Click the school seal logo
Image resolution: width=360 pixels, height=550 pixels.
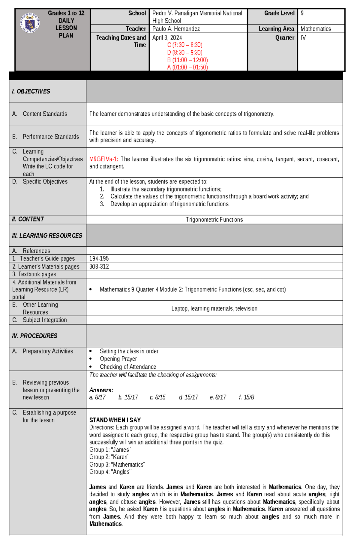pos(30,23)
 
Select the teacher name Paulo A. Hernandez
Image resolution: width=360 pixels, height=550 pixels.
pos(176,29)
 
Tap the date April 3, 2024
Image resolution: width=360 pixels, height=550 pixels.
pos(167,37)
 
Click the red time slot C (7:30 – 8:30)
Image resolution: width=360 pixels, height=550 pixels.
pos(184,45)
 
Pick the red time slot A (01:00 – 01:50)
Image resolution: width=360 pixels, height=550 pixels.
pos(187,67)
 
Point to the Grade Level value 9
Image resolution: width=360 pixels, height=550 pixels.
pos(302,13)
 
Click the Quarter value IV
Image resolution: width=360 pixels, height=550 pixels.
pos(303,37)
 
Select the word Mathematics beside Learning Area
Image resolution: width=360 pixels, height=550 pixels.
pos(316,29)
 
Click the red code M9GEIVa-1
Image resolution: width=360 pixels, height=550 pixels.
pos(103,159)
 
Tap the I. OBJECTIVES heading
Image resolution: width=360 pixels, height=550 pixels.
pos(31,91)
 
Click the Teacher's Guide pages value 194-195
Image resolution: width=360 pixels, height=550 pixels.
pos(99,258)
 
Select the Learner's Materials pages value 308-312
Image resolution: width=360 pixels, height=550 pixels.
pos(99,266)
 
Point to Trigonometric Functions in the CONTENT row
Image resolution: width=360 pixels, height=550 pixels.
pos(214,220)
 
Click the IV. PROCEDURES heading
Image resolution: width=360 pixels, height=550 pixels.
pos(35,336)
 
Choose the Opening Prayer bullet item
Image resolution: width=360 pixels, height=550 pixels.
pos(118,359)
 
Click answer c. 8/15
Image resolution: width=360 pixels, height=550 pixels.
pos(157,397)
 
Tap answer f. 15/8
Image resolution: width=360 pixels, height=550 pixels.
pos(246,397)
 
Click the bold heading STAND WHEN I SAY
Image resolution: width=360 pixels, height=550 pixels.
pos(115,420)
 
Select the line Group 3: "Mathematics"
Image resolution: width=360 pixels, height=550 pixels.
pos(117,464)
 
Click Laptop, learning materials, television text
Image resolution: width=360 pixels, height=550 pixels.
pos(214,308)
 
